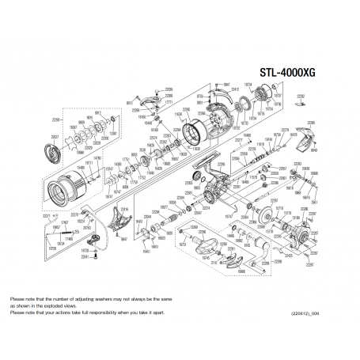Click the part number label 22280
point(311,123)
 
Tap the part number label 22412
point(234,89)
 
